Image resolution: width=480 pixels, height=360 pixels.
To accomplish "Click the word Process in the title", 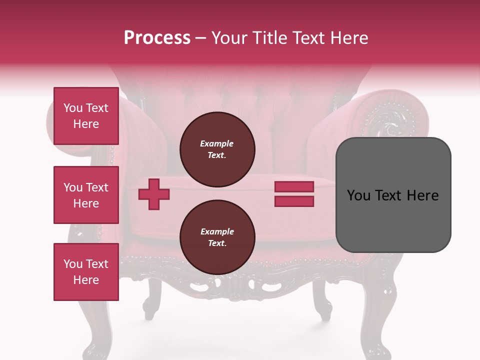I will pyautogui.click(x=157, y=38).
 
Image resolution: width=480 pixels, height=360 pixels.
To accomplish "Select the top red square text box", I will pyautogui.click(x=86, y=116).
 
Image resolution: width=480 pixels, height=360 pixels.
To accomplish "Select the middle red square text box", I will pyautogui.click(x=86, y=195).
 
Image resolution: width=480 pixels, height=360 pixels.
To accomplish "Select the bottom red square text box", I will pyautogui.click(x=86, y=272).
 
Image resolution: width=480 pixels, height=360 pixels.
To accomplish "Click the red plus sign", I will pyautogui.click(x=154, y=194).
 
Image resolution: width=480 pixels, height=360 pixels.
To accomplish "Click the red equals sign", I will pyautogui.click(x=294, y=194).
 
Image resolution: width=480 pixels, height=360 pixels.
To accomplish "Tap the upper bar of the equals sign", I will pyautogui.click(x=294, y=187).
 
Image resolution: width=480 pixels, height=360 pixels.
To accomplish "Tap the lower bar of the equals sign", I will pyautogui.click(x=294, y=201).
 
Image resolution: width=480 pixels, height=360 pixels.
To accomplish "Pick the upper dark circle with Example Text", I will pyautogui.click(x=217, y=149).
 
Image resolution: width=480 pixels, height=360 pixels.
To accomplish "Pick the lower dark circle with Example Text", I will pyautogui.click(x=217, y=237).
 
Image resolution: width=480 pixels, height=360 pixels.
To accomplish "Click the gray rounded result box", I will pyautogui.click(x=393, y=195).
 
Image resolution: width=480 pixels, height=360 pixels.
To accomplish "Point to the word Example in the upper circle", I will pyautogui.click(x=217, y=143).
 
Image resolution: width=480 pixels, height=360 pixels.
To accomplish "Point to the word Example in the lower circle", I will pyautogui.click(x=217, y=231).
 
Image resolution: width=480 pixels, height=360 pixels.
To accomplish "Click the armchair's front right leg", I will pyautogui.click(x=322, y=300).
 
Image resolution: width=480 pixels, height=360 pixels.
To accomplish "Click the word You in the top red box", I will pyautogui.click(x=73, y=108).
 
